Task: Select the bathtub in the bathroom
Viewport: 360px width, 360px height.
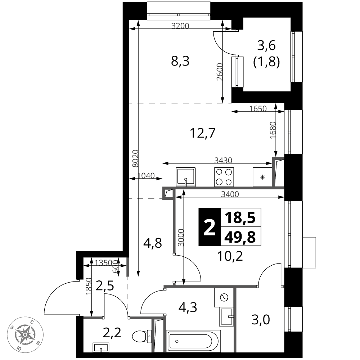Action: [x=193, y=341]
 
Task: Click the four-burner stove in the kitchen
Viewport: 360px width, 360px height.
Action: [x=224, y=177]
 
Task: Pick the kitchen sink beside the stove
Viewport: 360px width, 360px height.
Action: [x=186, y=177]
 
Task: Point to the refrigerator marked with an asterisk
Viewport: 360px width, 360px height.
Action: [x=262, y=177]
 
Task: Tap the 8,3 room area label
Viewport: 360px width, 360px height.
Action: [x=180, y=61]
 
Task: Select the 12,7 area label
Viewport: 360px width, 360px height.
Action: [x=203, y=133]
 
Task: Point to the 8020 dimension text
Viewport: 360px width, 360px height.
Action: [x=136, y=158]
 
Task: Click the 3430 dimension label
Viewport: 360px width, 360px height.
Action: [x=223, y=160]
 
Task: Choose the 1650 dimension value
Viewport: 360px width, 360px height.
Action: [x=258, y=108]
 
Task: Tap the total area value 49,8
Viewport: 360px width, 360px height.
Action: [x=240, y=237]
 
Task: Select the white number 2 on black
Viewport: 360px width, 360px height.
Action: [x=210, y=227]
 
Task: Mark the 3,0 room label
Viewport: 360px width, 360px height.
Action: [x=261, y=320]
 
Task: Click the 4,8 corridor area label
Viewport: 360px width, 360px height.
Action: [x=153, y=243]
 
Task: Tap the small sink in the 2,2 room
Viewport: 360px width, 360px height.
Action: [x=101, y=347]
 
